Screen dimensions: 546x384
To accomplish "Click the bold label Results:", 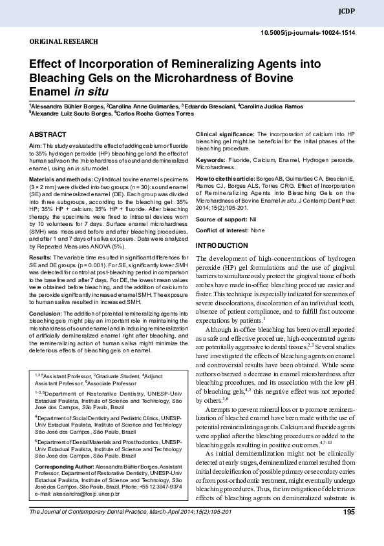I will (x=41, y=257).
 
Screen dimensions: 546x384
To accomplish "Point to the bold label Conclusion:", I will (x=46, y=312).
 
